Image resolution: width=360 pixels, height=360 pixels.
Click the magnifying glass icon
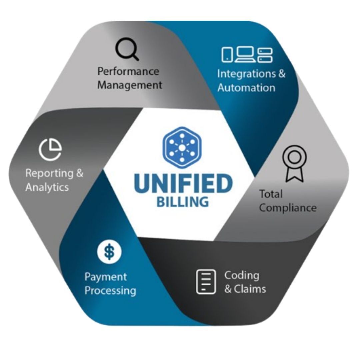[x=127, y=50]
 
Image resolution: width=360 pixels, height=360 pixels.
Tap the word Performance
[x=128, y=71]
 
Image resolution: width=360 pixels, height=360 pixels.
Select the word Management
[x=130, y=85]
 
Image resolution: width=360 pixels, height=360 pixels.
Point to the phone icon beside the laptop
[x=227, y=54]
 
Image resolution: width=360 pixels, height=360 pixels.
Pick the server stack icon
[x=265, y=54]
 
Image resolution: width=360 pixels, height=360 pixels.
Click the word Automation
[x=246, y=88]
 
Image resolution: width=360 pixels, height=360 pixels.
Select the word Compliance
[x=288, y=208]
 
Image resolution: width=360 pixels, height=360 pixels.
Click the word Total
[x=271, y=194]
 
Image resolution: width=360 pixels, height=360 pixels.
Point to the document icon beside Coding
[x=204, y=282]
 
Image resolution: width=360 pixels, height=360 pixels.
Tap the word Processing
[x=110, y=290]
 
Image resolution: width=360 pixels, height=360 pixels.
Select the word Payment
[x=106, y=277]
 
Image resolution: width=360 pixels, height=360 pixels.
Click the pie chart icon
[x=50, y=149]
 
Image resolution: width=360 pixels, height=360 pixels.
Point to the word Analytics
[x=47, y=187]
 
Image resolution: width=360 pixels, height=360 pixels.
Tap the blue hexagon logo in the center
[x=182, y=147]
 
